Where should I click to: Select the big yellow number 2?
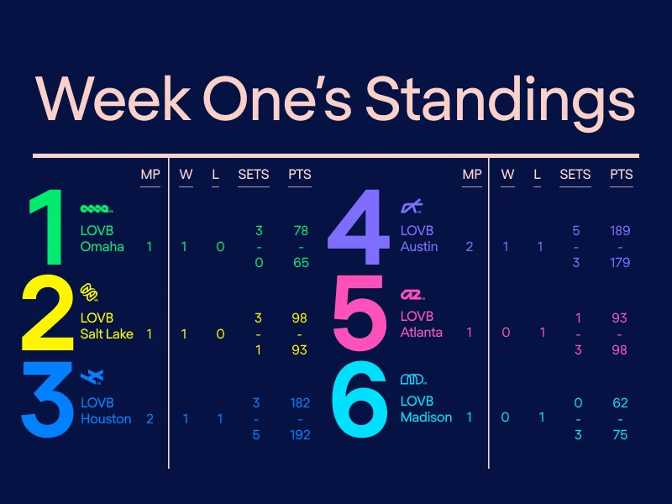point(48,312)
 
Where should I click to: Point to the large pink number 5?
point(359,312)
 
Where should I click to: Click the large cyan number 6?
point(360,400)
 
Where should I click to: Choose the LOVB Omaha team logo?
point(97,208)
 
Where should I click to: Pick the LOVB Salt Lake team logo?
point(89,292)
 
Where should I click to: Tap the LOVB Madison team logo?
point(413,379)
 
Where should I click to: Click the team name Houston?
point(106,418)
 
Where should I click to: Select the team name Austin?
point(419,246)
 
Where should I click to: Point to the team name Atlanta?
point(422,332)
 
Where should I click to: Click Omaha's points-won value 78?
point(301,230)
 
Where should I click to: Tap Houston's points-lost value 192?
point(300,434)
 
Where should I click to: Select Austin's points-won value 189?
point(620,230)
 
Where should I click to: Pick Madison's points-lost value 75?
point(620,434)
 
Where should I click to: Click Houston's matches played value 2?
point(150,418)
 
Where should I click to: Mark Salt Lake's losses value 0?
point(220,333)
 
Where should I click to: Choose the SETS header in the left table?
point(254,175)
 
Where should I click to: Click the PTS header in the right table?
point(622,175)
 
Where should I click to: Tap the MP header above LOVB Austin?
point(472,175)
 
